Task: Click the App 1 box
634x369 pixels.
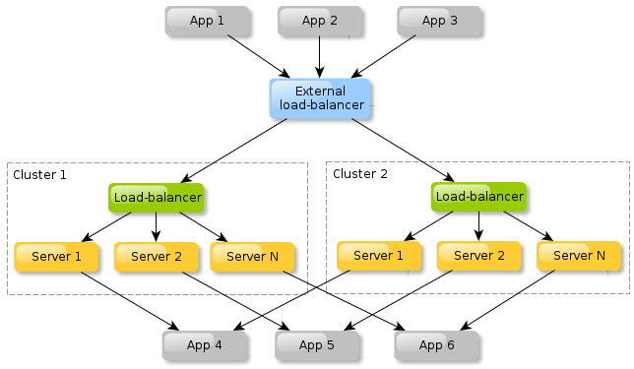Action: [207, 21]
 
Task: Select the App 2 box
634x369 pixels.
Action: [319, 21]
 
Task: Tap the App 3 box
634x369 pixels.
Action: [439, 21]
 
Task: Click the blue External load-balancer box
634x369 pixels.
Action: [319, 97]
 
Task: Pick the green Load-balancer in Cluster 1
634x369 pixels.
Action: [157, 198]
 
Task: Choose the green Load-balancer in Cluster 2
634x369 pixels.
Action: [478, 197]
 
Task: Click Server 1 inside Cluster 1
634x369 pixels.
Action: [56, 257]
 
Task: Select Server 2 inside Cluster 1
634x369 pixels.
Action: [156, 257]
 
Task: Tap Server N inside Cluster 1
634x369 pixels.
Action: [252, 257]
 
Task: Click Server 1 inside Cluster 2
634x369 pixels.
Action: [379, 256]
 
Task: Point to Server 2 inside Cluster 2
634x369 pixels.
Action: [478, 256]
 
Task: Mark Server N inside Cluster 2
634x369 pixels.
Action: [579, 256]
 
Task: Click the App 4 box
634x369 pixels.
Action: [205, 345]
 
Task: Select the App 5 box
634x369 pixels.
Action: [317, 345]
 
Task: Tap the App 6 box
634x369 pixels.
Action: [437, 345]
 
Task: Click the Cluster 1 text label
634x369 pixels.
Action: [40, 175]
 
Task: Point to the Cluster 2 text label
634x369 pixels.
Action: [360, 174]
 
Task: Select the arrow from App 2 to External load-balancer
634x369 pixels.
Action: [319, 57]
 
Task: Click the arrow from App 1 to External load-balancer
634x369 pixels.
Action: [258, 57]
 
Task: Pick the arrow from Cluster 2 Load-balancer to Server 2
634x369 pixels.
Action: [478, 225]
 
